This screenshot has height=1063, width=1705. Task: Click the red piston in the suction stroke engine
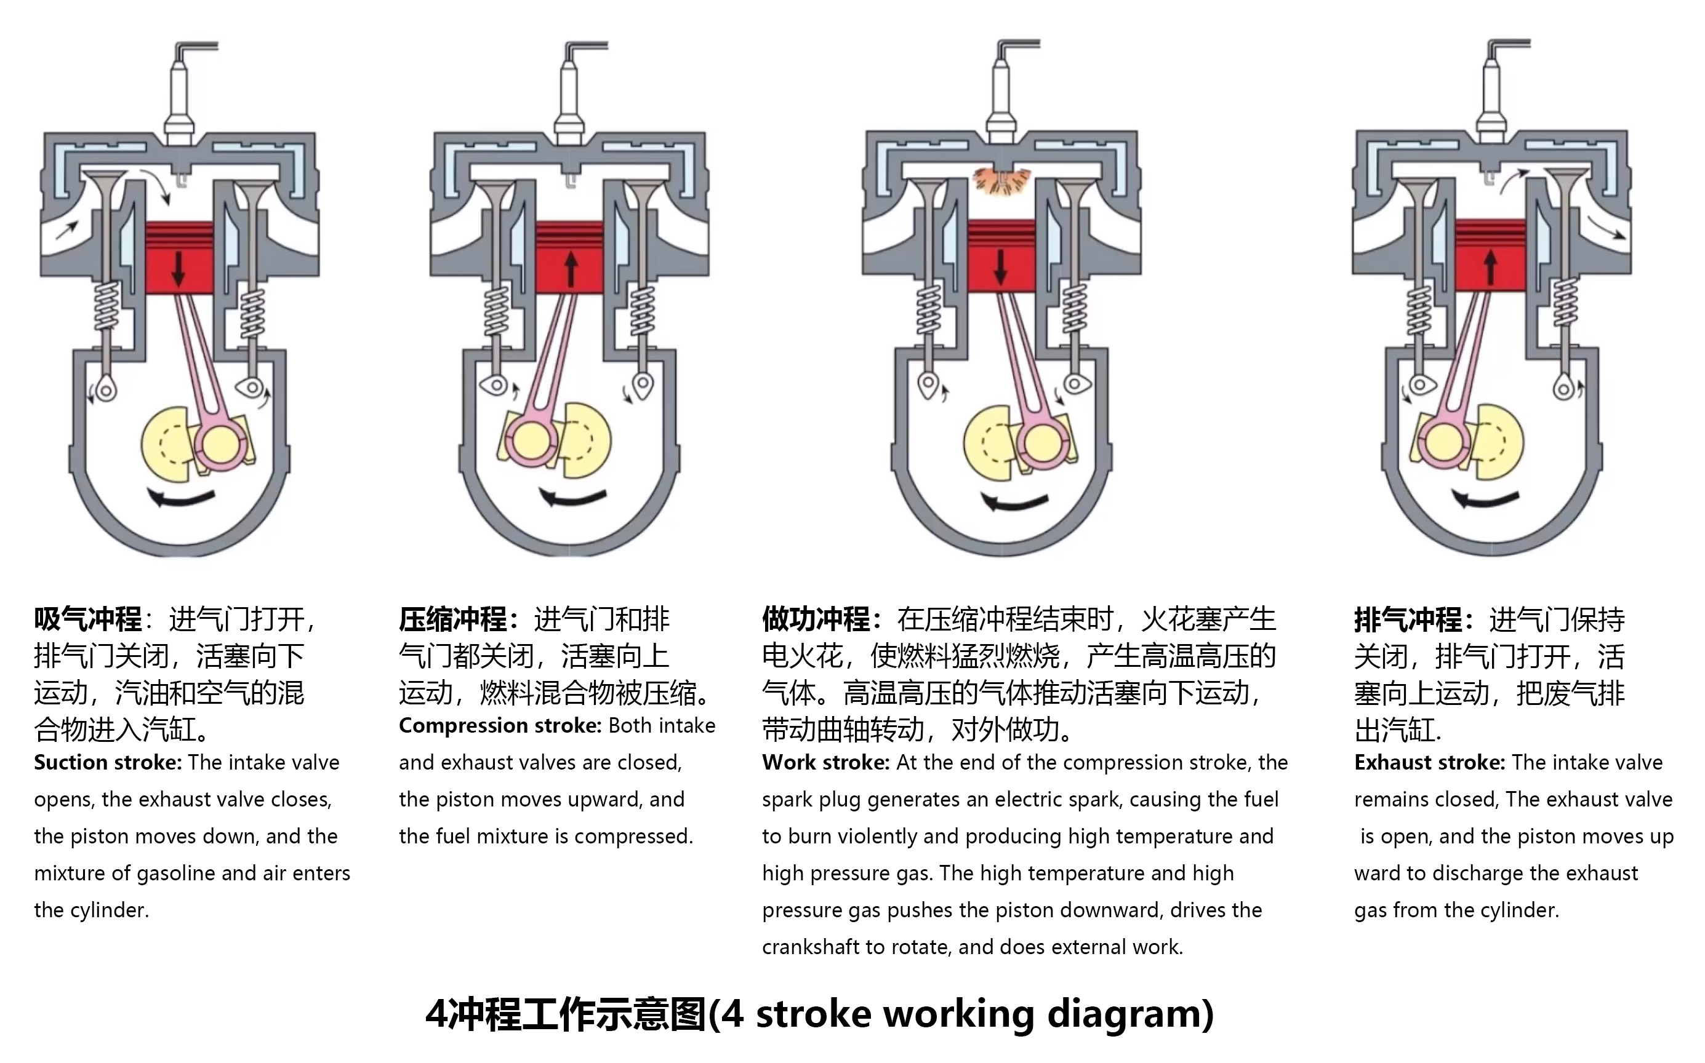(x=179, y=258)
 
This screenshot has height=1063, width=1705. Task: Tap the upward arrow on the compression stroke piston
(x=571, y=270)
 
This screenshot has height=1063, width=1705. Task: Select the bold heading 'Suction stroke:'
(x=108, y=763)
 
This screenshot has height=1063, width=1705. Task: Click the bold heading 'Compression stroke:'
(x=499, y=725)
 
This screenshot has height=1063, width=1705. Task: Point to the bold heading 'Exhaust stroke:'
(x=1429, y=763)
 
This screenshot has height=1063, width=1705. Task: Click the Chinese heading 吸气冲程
(x=88, y=619)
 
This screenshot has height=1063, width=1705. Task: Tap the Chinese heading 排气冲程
(x=1408, y=619)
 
